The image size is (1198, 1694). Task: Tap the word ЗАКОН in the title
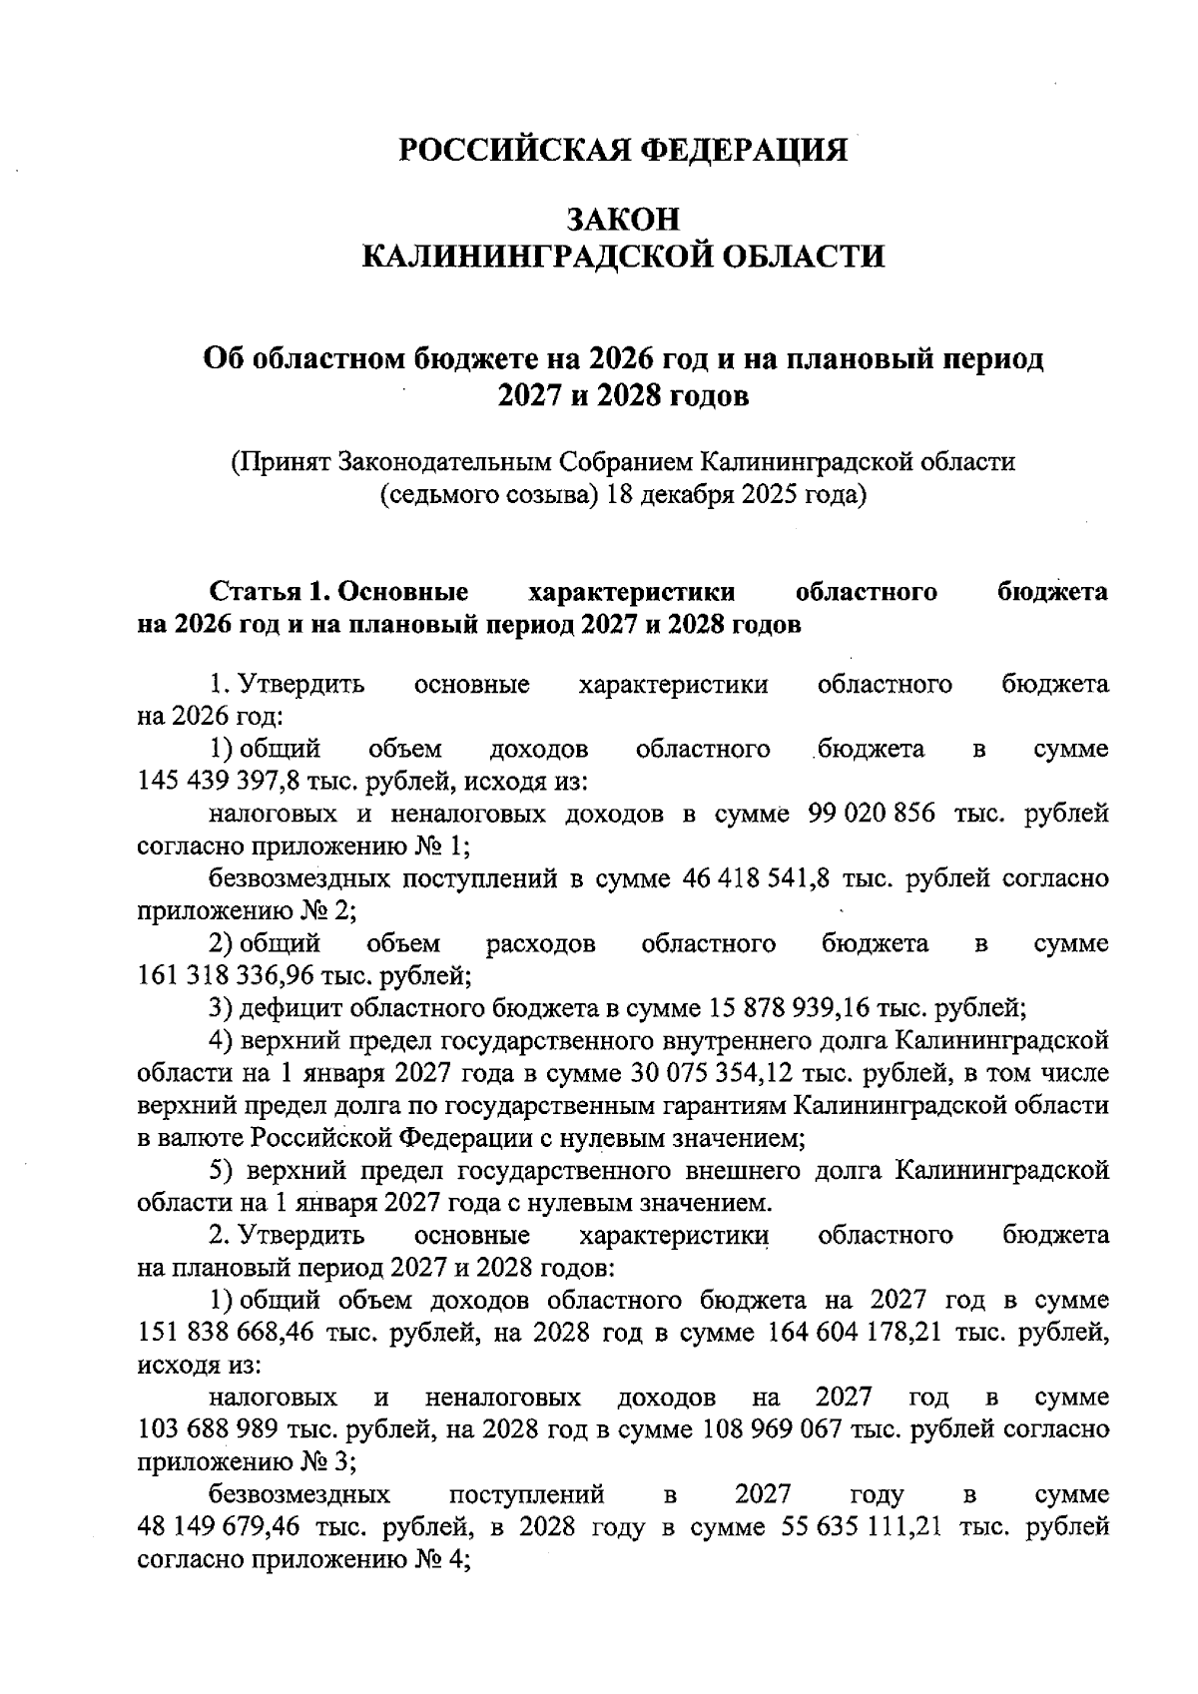click(x=623, y=218)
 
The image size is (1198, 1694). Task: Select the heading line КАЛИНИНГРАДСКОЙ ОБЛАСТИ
click(x=623, y=257)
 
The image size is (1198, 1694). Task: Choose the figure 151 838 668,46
click(x=229, y=1333)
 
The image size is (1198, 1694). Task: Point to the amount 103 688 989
click(x=208, y=1428)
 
